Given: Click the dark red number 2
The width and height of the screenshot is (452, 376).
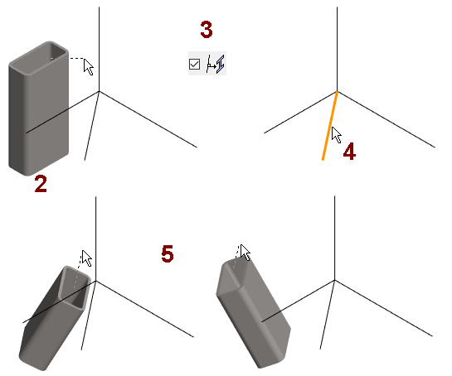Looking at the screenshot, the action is point(41,184).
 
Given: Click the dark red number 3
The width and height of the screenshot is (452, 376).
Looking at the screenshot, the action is point(207,29).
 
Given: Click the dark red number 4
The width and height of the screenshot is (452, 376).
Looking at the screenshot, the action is point(349,152).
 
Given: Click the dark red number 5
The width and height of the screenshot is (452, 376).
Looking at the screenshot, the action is point(168,253).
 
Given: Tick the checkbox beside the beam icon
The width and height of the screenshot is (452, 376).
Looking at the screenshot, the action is point(194,64).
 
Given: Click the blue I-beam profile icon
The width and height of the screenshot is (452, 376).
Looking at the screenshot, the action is point(221,64).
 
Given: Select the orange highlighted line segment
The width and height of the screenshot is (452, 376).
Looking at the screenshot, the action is point(330,126).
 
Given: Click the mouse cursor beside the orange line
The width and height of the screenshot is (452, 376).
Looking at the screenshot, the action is point(336,135).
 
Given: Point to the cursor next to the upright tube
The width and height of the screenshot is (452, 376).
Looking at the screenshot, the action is point(89,67).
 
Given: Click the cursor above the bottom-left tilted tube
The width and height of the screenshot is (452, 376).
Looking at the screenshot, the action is point(87,258).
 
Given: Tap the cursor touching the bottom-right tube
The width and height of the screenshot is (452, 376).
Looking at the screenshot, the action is point(245,253).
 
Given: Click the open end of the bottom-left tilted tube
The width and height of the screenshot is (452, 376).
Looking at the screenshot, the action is point(74,288).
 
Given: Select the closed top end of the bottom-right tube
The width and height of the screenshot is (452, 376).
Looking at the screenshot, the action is point(232,273).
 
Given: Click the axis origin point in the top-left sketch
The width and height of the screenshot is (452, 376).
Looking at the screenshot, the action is point(100,92).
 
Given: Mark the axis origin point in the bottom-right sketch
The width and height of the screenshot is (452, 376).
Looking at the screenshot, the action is point(335,280).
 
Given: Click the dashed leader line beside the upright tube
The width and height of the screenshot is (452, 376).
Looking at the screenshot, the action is point(62,58).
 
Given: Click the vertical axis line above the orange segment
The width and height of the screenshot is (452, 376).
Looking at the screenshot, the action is point(337,49).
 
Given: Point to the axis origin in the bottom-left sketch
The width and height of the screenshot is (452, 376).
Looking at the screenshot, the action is point(95,281).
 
